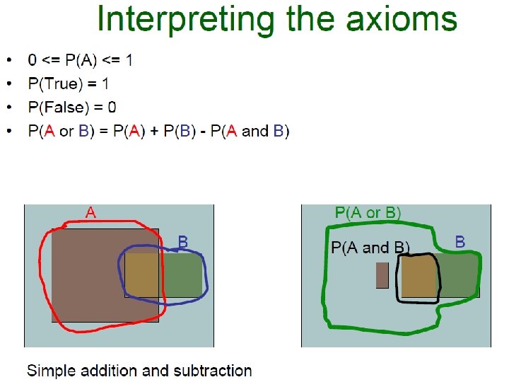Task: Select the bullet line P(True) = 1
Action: point(69,83)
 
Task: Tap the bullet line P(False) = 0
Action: point(72,108)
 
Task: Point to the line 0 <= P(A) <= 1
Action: point(80,60)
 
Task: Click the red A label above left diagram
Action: point(91,212)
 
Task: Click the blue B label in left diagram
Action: point(182,242)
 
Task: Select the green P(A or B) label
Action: point(368,212)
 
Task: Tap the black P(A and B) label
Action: point(370,248)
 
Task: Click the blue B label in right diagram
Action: point(460,242)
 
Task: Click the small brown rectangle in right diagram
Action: point(382,275)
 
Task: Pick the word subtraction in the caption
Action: point(215,371)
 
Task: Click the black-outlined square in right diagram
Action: point(418,277)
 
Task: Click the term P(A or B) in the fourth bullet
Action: point(62,132)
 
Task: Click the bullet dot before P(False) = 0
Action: point(8,108)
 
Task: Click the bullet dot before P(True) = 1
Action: point(8,83)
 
